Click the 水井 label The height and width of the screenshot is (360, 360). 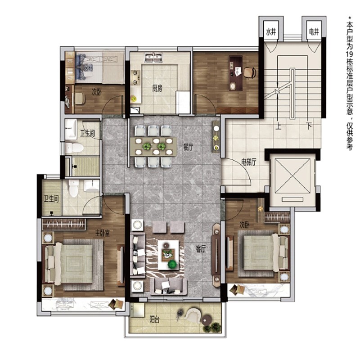point(271,32)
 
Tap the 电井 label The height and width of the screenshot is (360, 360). point(314,32)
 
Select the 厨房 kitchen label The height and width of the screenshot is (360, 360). point(157,88)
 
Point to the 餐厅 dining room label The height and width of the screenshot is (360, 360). point(188,147)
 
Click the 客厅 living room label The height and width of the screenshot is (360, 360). point(201,249)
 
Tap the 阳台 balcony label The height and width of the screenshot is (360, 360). point(154,319)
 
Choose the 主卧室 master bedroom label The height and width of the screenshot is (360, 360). point(103,233)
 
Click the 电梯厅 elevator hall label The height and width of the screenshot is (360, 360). point(249,162)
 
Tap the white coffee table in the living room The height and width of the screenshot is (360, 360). point(168,255)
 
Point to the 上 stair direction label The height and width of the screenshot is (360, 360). point(278,126)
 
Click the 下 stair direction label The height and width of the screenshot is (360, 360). point(309,126)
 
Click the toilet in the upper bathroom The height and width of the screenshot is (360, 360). point(74,148)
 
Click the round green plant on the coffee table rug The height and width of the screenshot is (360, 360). point(172,264)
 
